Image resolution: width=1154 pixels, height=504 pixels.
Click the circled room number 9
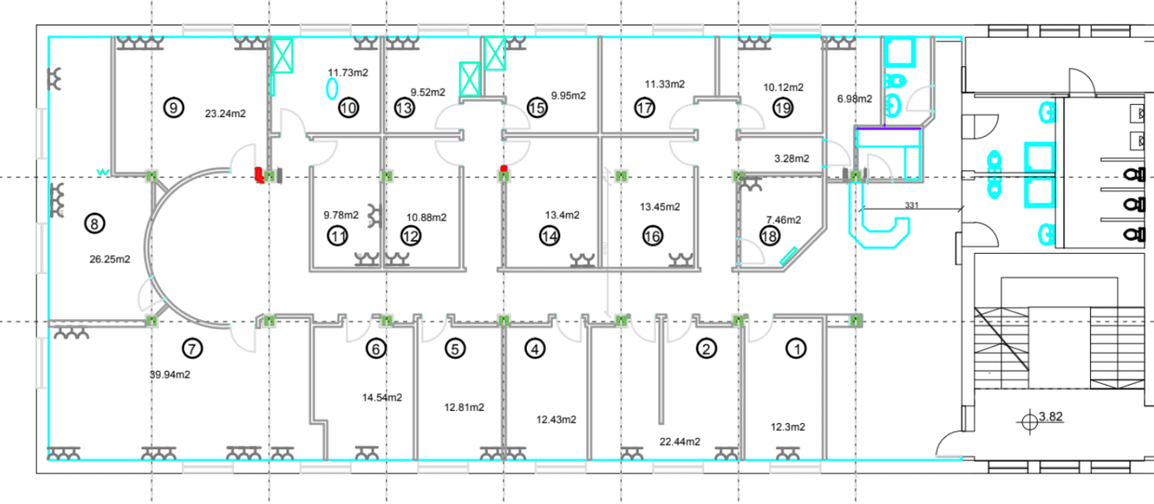(174, 108)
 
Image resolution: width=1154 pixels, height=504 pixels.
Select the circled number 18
(769, 236)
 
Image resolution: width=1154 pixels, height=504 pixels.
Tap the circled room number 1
(796, 349)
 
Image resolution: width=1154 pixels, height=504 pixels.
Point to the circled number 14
(549, 236)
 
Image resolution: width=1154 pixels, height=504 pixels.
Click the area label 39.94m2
(170, 375)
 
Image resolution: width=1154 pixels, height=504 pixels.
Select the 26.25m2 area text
(110, 259)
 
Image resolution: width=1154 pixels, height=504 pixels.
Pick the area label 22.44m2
(680, 442)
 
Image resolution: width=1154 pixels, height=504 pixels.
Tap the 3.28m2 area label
(792, 159)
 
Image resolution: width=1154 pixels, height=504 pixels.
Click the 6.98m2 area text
(855, 98)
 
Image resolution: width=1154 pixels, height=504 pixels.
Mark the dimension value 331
(912, 205)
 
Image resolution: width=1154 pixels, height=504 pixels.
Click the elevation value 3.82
(1050, 416)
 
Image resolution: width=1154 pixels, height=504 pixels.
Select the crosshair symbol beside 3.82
(1029, 422)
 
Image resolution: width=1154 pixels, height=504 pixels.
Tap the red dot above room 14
(504, 169)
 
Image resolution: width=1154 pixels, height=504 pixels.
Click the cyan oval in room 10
(332, 88)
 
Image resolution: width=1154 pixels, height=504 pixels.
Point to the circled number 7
(192, 349)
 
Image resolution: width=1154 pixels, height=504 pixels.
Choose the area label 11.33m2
(665, 84)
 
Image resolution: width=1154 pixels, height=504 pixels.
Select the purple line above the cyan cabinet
(888, 129)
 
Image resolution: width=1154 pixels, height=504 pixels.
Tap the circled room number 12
(411, 236)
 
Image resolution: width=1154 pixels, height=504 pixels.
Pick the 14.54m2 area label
(382, 397)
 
